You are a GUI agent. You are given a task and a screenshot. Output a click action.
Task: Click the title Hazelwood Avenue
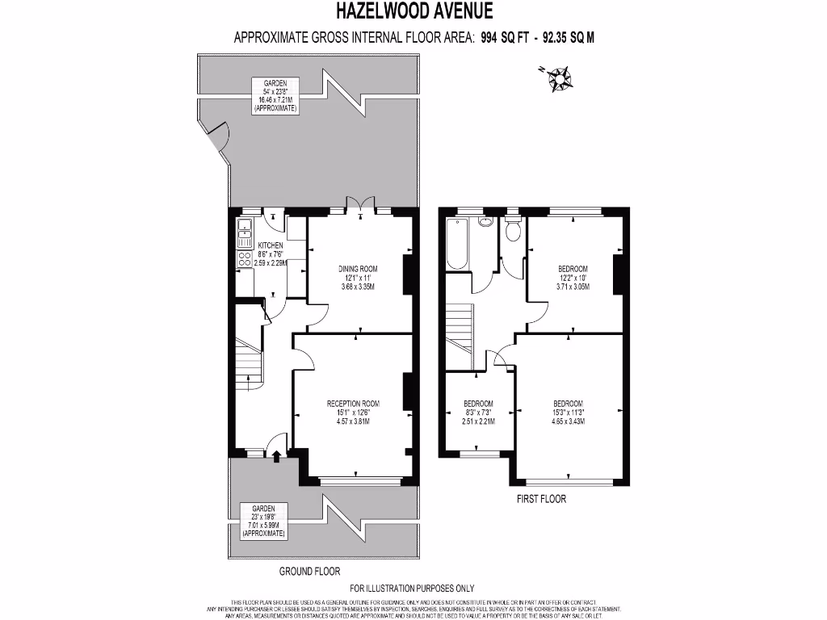413,11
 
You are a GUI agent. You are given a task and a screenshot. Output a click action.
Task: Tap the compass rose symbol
558,78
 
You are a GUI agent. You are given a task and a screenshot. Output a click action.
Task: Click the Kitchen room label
270,245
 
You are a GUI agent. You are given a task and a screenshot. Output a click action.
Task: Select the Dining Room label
358,269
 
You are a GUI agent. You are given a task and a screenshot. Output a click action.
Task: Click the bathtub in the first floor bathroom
455,243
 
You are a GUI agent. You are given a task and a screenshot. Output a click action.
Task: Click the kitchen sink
245,233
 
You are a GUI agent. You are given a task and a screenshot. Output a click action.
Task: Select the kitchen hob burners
244,259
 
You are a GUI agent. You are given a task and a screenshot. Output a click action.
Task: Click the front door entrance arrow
277,458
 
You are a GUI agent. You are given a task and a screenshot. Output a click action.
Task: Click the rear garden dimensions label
275,94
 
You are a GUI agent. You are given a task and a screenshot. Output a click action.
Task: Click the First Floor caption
541,499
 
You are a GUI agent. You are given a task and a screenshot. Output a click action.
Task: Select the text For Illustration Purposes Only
412,589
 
